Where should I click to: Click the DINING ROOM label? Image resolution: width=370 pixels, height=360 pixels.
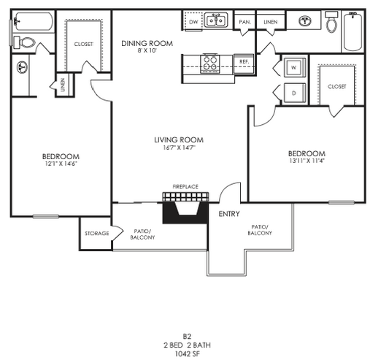147,44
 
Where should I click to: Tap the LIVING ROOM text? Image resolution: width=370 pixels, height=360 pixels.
178,139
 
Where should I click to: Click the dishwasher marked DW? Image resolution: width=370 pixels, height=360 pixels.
193,22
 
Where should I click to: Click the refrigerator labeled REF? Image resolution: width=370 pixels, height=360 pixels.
244,62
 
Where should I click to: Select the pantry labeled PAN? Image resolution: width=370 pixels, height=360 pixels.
245,22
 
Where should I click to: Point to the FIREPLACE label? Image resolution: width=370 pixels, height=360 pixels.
185,187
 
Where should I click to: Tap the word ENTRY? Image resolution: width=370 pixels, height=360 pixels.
231,214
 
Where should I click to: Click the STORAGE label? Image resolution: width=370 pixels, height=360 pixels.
96,234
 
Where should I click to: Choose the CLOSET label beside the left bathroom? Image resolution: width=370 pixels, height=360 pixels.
84,44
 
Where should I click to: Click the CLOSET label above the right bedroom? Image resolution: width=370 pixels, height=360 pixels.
337,86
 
